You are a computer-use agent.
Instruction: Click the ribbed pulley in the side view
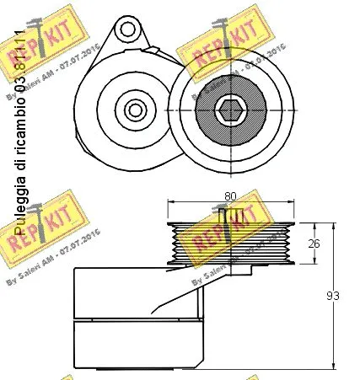click(x=231, y=244)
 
